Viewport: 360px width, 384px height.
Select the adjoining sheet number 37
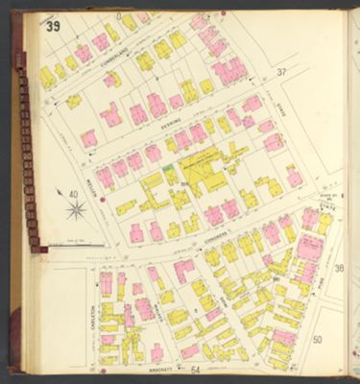(x=281, y=72)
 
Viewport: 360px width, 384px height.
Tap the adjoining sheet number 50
(x=318, y=339)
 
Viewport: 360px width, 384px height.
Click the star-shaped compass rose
(x=76, y=207)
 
